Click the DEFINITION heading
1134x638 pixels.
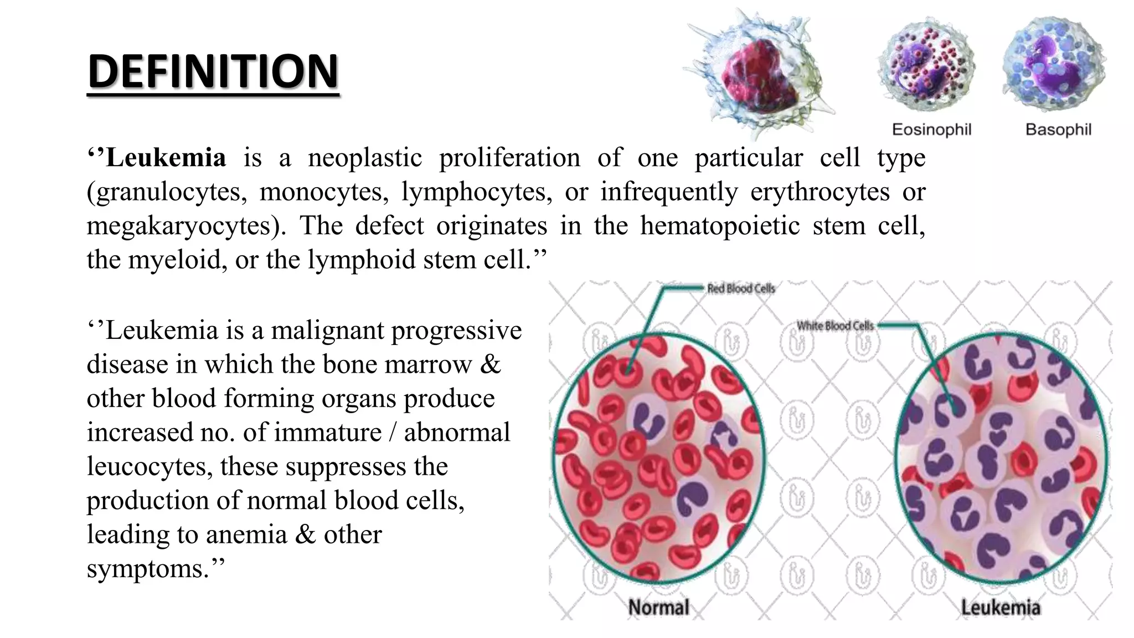click(x=213, y=71)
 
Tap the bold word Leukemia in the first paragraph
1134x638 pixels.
click(x=166, y=158)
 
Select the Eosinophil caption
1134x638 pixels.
click(x=931, y=130)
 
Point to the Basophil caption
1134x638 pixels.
click(x=1058, y=130)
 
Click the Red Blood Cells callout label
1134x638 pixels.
click(x=741, y=289)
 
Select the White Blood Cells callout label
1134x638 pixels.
click(x=835, y=326)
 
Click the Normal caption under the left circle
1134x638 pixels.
click(x=658, y=608)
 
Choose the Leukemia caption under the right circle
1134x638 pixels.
click(x=1001, y=608)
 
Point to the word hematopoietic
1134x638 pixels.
click(x=720, y=226)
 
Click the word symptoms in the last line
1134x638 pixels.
click(x=149, y=569)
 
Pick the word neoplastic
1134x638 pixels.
click(x=365, y=158)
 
